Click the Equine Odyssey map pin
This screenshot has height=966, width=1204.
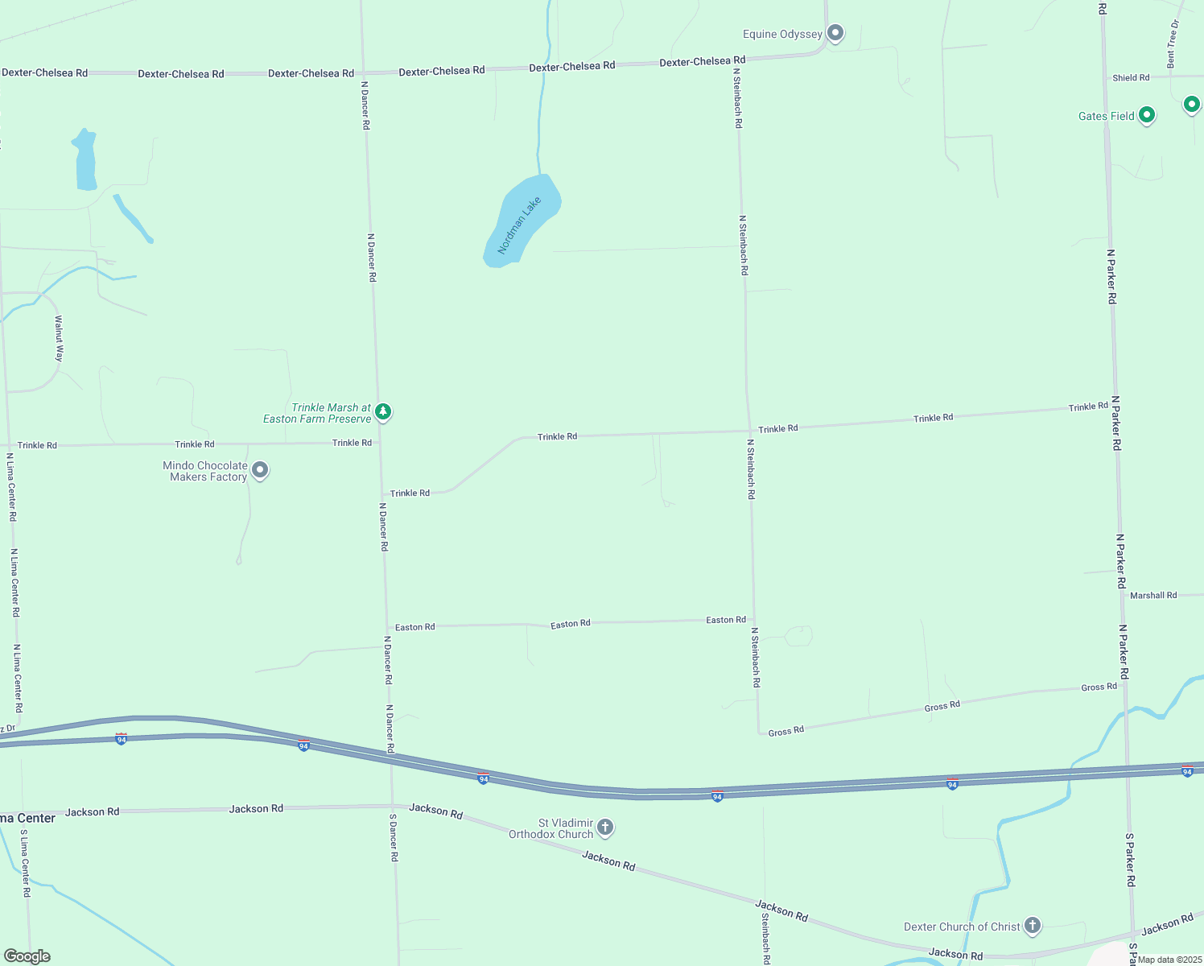pyautogui.click(x=835, y=33)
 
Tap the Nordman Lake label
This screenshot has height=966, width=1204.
pyautogui.click(x=519, y=225)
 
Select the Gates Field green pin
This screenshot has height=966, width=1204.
pyautogui.click(x=1147, y=115)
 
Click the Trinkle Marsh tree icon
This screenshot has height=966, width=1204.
pyautogui.click(x=384, y=412)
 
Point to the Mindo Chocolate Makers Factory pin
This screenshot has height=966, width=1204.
pyautogui.click(x=259, y=470)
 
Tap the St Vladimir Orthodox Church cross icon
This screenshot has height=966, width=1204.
pyautogui.click(x=605, y=827)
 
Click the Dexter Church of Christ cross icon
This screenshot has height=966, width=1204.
pyautogui.click(x=1032, y=926)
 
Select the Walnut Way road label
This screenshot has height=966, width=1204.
pyautogui.click(x=59, y=338)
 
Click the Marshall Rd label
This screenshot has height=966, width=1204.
pyautogui.click(x=1152, y=596)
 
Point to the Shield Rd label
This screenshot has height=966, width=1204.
pyautogui.click(x=1131, y=78)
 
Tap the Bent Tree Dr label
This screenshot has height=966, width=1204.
pyautogui.click(x=1173, y=44)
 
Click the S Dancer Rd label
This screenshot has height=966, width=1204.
pyautogui.click(x=394, y=837)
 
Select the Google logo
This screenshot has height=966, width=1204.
pyautogui.click(x=27, y=956)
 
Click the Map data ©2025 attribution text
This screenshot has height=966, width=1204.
pyautogui.click(x=1169, y=960)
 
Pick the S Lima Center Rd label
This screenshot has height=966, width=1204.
pyautogui.click(x=25, y=863)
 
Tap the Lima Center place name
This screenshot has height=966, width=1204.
pyautogui.click(x=27, y=818)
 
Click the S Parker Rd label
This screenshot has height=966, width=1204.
pyautogui.click(x=1130, y=860)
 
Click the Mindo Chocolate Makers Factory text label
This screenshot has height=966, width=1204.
pyautogui.click(x=205, y=471)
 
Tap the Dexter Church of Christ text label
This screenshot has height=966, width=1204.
pyautogui.click(x=962, y=927)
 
